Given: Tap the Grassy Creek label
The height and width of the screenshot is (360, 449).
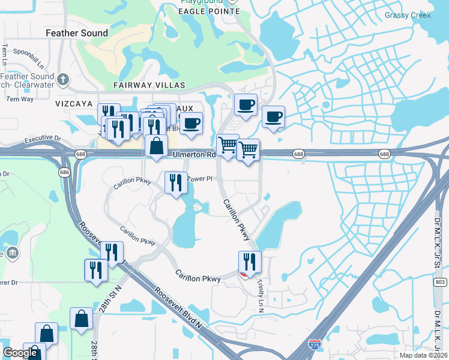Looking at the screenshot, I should [x=408, y=16].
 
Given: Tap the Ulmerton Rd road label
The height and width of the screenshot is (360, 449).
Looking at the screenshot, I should [x=194, y=154].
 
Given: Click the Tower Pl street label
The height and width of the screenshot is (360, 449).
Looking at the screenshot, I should [x=200, y=179].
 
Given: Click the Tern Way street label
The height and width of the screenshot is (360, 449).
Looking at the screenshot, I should [x=20, y=99].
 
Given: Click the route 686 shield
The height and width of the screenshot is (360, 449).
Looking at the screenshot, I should [x=64, y=172].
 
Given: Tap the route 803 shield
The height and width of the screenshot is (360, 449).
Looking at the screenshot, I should [x=441, y=281].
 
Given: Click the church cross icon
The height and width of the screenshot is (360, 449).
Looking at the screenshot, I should [x=63, y=79].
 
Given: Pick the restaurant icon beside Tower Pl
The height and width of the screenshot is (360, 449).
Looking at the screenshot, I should [x=175, y=182].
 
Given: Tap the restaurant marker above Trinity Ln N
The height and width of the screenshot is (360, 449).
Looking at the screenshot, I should [x=250, y=261].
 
